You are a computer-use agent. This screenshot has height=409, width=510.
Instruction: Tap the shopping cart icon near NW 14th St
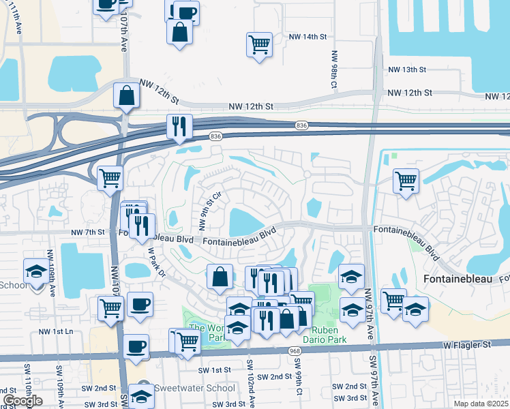coord(259,45)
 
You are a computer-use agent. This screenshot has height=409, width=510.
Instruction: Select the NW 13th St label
coord(407,70)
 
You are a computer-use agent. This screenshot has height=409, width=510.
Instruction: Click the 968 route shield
coord(294,350)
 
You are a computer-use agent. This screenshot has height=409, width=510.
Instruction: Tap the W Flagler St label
coord(467,345)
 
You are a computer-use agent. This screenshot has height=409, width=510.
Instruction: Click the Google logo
coord(22,401)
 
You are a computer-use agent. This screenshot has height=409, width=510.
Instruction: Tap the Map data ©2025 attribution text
coord(481,404)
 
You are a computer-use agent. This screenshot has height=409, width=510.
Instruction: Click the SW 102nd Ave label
coord(250,385)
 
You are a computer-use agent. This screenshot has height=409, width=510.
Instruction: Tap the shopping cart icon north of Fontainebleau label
coord(406,181)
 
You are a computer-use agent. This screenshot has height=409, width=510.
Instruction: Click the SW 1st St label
coord(215,369)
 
